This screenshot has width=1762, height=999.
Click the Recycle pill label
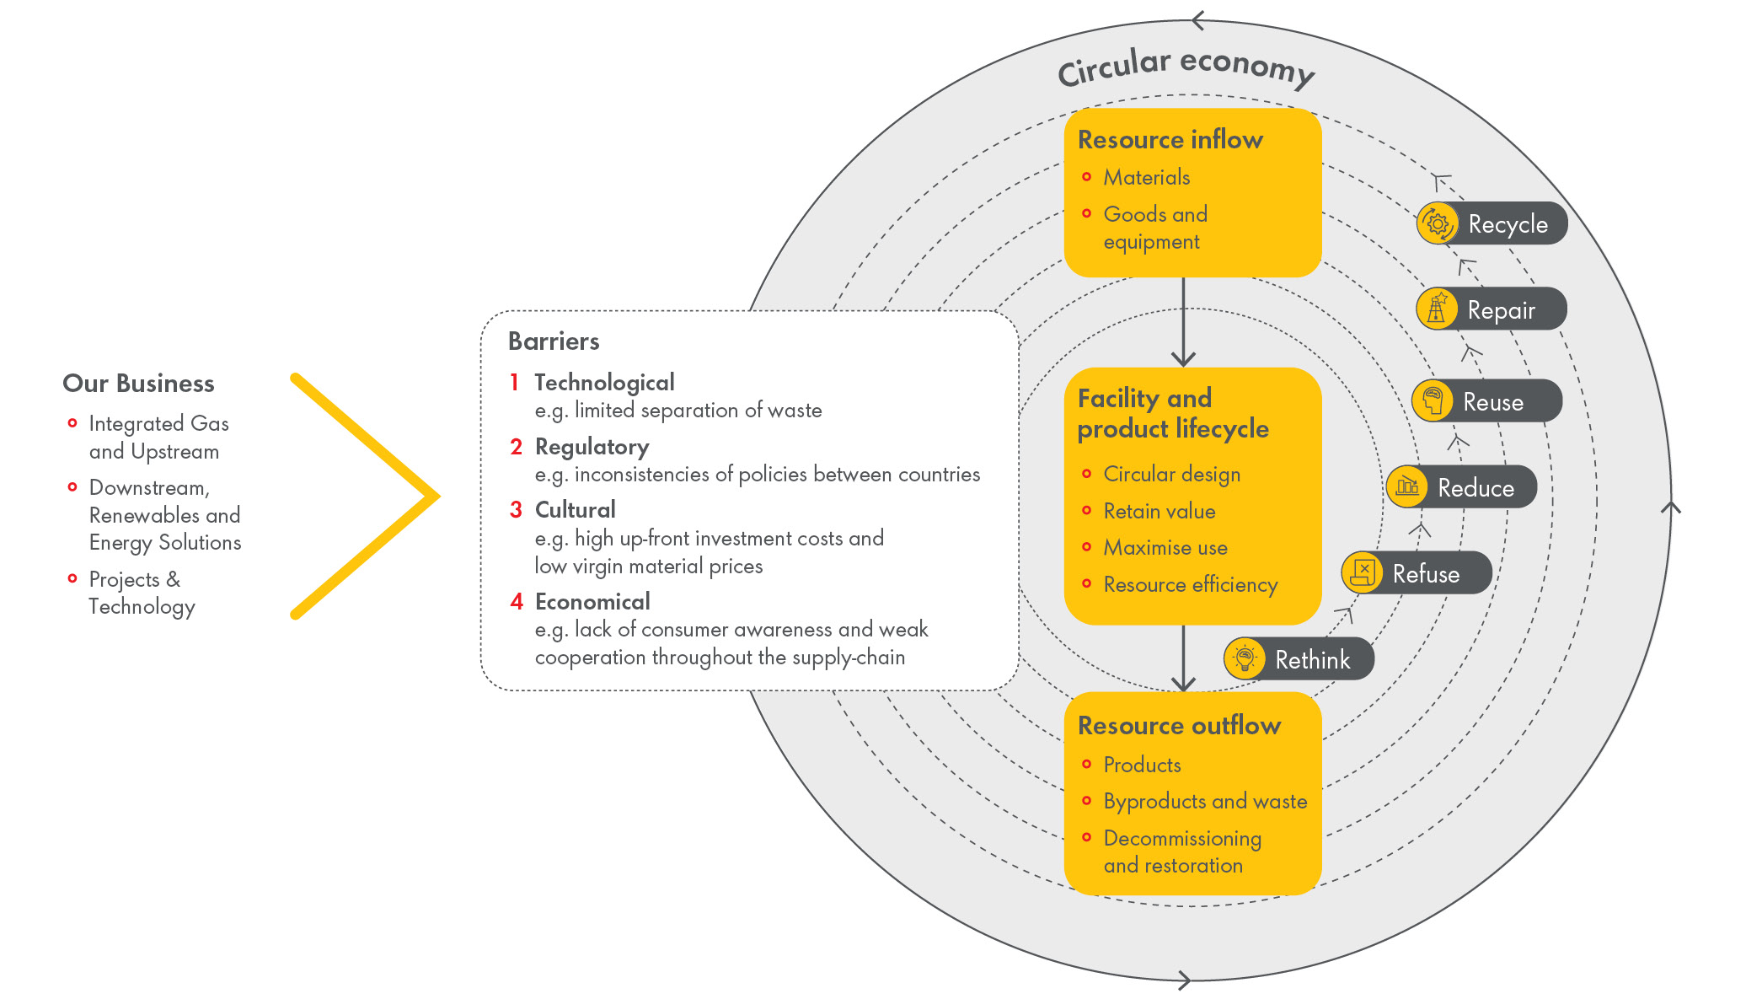1508,224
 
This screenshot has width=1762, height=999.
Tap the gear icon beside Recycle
1438,223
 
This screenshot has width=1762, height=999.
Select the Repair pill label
1501,310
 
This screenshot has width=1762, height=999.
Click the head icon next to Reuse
1433,400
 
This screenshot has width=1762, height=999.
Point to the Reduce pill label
1475,488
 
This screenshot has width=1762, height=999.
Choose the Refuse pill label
1426,574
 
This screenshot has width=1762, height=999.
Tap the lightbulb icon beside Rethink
1245,658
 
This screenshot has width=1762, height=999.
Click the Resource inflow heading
1170,140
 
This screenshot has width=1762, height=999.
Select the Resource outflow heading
1179,726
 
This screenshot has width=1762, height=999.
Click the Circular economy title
1186,66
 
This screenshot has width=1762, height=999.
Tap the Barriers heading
554,341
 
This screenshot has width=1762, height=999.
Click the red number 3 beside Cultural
516,510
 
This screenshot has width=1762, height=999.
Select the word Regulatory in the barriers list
592,447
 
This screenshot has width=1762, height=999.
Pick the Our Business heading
138,384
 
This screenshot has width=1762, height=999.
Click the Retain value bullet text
1159,512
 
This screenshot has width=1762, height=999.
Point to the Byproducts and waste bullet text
1205,802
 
